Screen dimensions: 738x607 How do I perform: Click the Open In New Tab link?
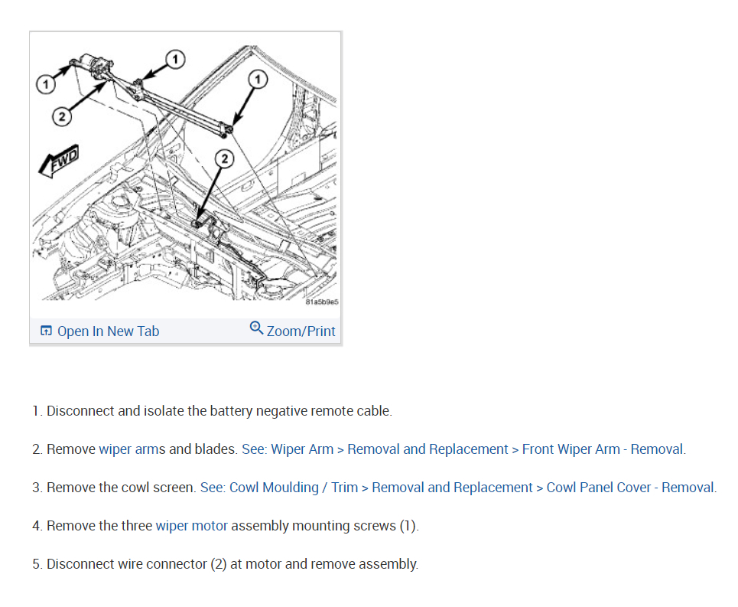click(109, 331)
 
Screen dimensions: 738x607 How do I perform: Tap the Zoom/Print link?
click(301, 331)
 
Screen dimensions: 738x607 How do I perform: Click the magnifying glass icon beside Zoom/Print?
click(256, 328)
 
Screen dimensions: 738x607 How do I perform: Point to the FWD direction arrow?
click(58, 161)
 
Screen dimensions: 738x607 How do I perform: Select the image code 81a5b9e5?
click(322, 302)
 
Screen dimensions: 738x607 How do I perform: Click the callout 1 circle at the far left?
click(46, 85)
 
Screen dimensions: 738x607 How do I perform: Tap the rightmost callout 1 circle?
click(258, 80)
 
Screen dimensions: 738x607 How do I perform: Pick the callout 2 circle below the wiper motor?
click(62, 116)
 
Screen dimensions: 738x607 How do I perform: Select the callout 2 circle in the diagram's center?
click(225, 158)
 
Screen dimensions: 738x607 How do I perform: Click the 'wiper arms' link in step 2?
click(132, 449)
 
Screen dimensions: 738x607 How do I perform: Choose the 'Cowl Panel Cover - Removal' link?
click(630, 488)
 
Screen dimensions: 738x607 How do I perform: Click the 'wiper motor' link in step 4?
click(191, 526)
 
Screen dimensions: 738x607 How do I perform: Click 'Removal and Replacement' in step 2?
click(428, 449)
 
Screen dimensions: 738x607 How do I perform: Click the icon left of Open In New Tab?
click(46, 331)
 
